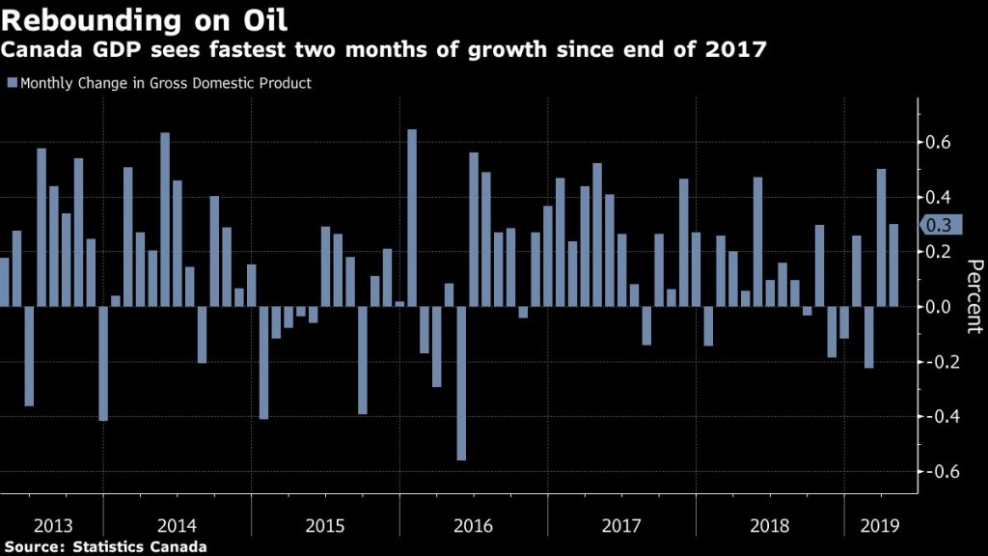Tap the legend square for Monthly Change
click(x=11, y=84)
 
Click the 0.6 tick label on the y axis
click(x=939, y=143)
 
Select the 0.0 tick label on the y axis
click(x=939, y=307)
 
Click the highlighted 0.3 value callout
click(x=939, y=225)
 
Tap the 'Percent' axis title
click(x=974, y=295)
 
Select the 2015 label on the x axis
click(x=325, y=526)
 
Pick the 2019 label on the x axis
click(x=880, y=526)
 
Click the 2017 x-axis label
click(x=621, y=526)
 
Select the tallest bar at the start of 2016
click(x=412, y=218)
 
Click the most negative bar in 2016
click(x=461, y=383)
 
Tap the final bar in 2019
click(x=893, y=265)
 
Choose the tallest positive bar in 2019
click(x=881, y=237)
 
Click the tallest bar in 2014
click(x=165, y=220)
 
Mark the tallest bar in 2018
click(x=757, y=241)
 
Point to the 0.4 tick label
click(x=939, y=197)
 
